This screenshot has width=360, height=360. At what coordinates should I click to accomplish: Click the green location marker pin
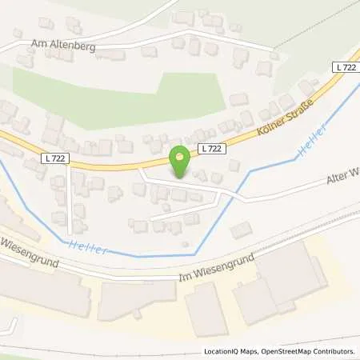181,162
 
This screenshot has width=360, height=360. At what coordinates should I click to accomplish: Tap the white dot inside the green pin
181,156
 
